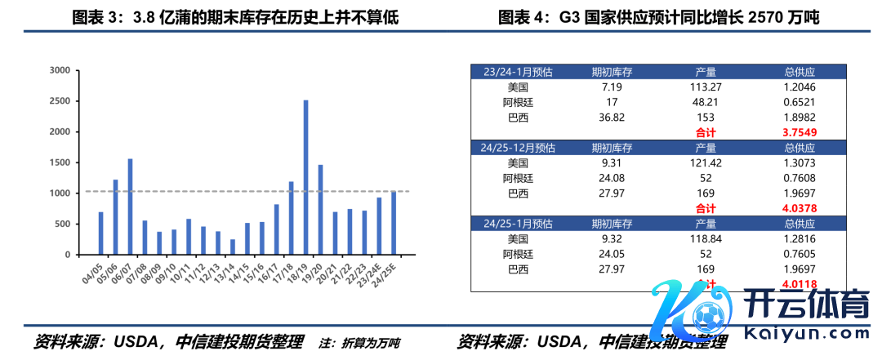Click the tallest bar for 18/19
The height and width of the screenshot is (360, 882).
[305, 177]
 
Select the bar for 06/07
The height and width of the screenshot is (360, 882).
[130, 207]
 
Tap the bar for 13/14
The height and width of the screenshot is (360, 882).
[232, 247]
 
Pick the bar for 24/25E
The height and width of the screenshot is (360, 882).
[393, 223]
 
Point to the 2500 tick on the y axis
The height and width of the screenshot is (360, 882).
[60, 101]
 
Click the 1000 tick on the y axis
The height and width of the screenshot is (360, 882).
[60, 193]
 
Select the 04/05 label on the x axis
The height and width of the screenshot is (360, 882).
[92, 272]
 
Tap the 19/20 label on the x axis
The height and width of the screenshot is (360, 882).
[312, 272]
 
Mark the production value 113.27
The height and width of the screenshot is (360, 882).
[706, 87]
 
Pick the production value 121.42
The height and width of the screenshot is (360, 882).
[706, 162]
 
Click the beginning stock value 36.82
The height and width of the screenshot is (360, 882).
[612, 117]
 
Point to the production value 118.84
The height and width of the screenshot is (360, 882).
[706, 238]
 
